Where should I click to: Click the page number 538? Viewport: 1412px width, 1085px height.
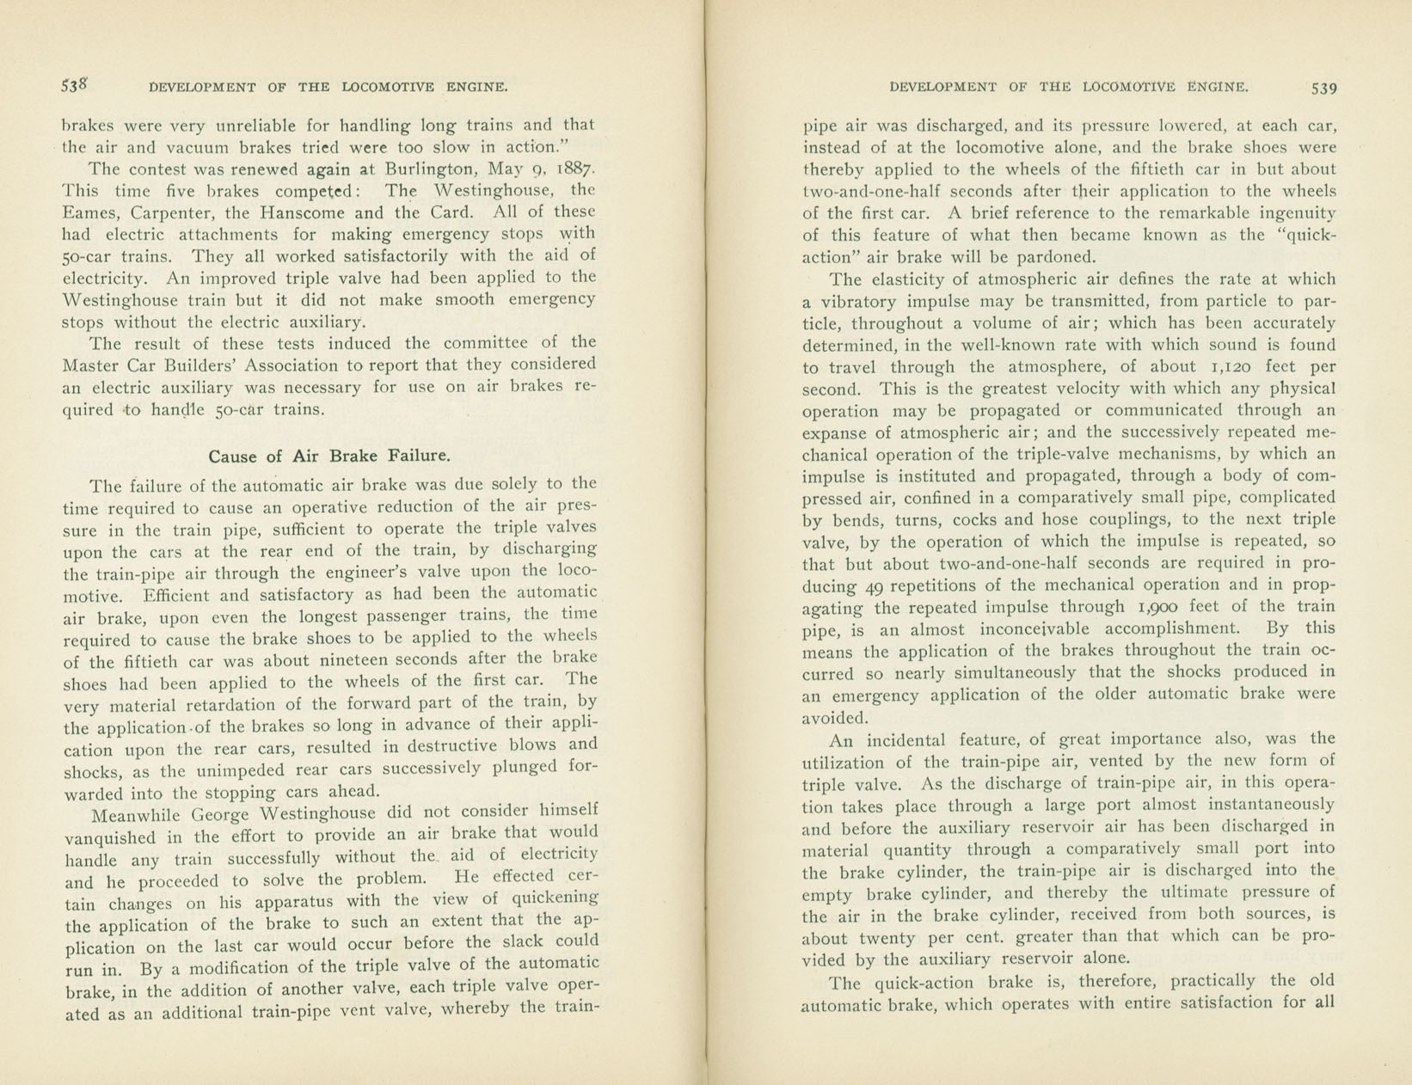75,85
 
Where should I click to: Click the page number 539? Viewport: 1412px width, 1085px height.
1323,88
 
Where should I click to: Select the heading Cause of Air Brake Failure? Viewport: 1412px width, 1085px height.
329,456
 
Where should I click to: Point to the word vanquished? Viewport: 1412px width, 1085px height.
110,837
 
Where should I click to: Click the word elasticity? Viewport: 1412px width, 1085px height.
912,279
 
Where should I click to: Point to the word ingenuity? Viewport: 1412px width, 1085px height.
1291,212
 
